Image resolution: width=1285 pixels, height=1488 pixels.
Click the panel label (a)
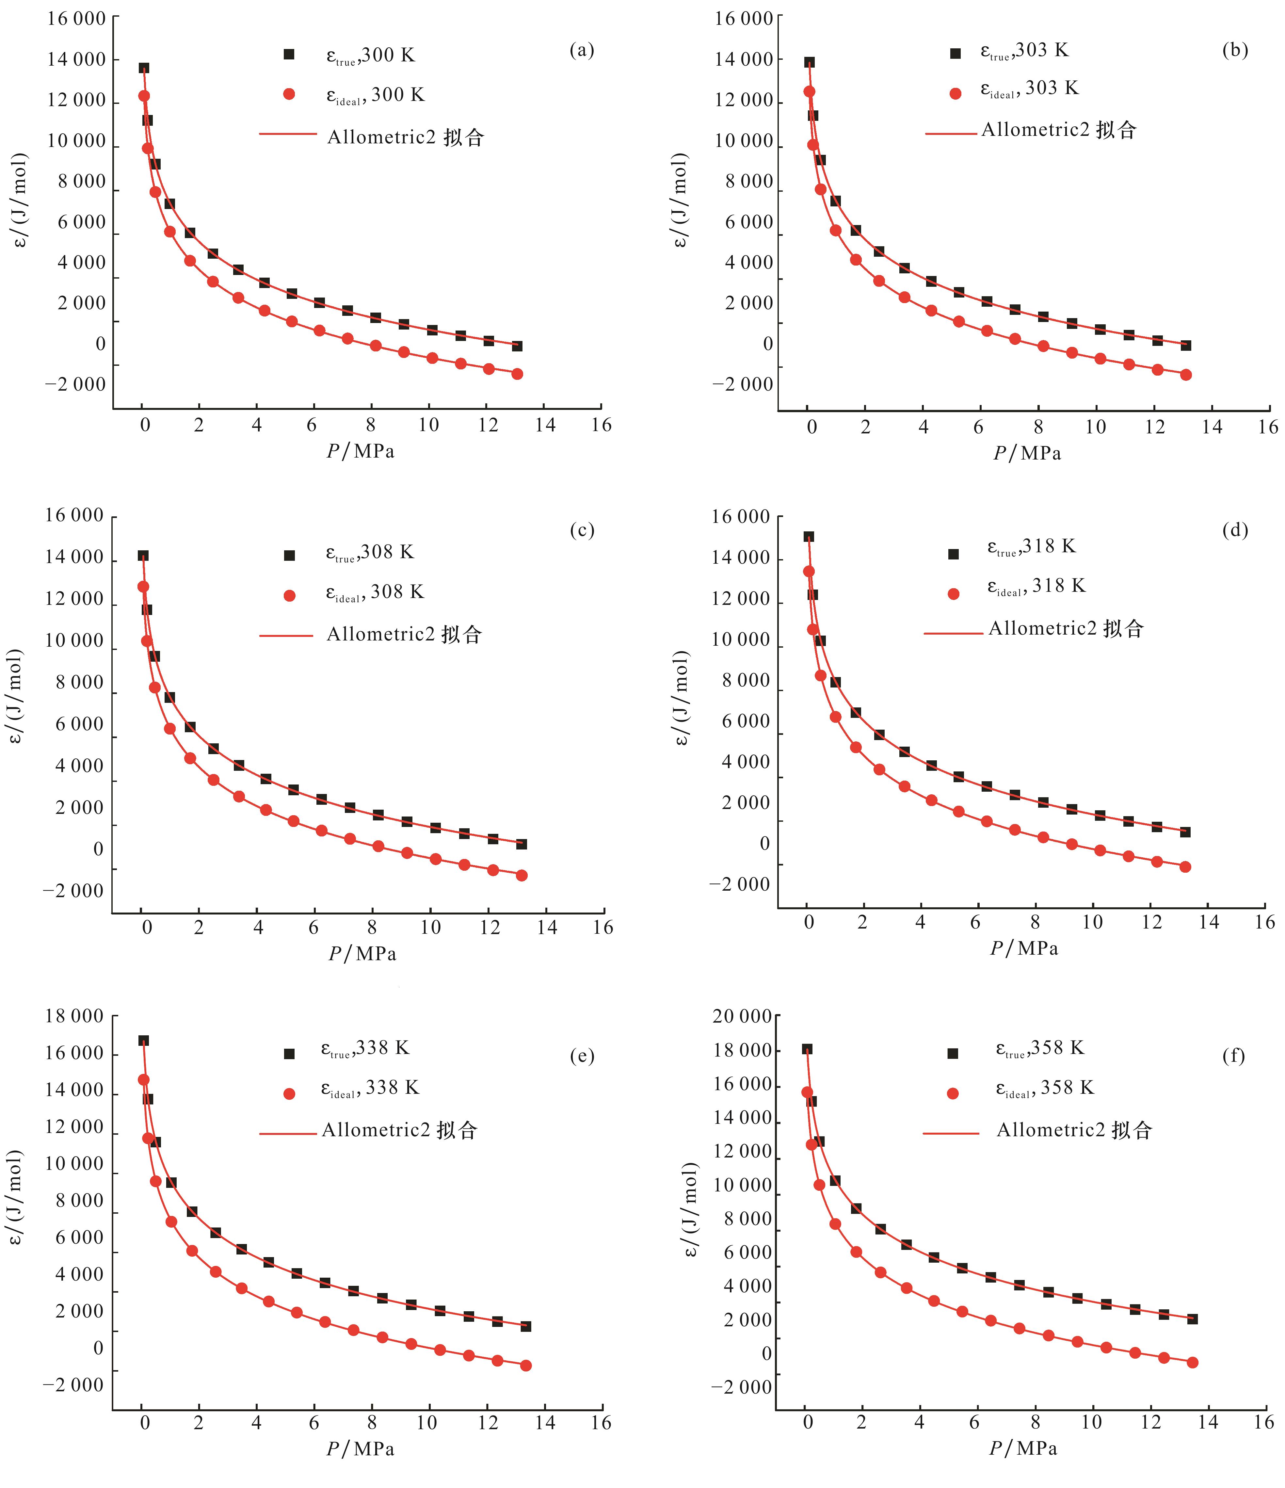[x=582, y=50]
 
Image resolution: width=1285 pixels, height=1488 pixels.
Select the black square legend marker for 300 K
[x=289, y=55]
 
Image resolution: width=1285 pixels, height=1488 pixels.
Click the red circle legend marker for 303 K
[x=956, y=93]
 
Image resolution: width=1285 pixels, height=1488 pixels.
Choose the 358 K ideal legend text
[x=1045, y=1089]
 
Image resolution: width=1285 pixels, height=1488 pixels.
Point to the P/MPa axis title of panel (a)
[x=361, y=451]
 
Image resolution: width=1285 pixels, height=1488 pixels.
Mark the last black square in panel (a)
[x=517, y=346]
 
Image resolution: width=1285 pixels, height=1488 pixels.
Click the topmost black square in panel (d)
[x=808, y=537]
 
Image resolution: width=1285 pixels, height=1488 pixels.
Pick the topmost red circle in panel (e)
[x=144, y=1079]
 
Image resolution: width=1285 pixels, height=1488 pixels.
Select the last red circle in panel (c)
[x=521, y=875]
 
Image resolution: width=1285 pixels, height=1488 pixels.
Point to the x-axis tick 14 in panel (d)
[x=1209, y=923]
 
